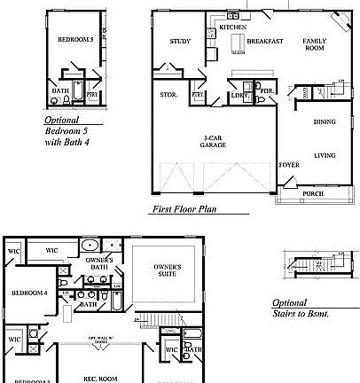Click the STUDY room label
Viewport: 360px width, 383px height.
pyautogui.click(x=180, y=41)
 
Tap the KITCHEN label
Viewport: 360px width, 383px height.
pyautogui.click(x=231, y=28)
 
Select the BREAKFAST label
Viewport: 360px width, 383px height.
pyautogui.click(x=265, y=42)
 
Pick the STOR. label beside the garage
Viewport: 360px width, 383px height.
pyautogui.click(x=168, y=94)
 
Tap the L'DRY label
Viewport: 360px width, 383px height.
pyautogui.click(x=238, y=94)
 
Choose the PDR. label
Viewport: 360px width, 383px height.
pyautogui.click(x=265, y=90)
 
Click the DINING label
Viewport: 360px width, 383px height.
pyautogui.click(x=325, y=122)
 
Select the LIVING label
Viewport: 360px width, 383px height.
pyautogui.click(x=325, y=156)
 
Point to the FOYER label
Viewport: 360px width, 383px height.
pyautogui.click(x=289, y=165)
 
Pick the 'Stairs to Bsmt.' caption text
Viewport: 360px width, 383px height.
pyautogui.click(x=302, y=313)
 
